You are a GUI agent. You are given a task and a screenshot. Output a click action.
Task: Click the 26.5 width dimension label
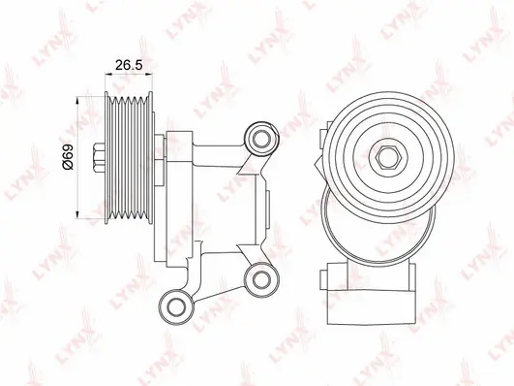coord(129,65)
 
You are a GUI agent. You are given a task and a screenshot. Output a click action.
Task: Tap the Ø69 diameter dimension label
coord(68,156)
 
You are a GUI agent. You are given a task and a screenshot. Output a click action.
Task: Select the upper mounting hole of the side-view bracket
coord(261,139)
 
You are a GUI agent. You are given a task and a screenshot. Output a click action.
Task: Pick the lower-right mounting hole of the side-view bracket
coord(261,279)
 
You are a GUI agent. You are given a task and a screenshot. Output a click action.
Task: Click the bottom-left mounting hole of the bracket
coord(176,306)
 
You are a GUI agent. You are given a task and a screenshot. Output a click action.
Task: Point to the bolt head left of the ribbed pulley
coord(99,157)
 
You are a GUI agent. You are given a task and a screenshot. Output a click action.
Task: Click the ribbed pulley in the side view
coord(129,157)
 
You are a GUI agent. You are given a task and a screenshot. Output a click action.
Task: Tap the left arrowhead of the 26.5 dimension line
coord(107,75)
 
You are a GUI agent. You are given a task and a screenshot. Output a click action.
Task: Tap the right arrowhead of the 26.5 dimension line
coord(150,75)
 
